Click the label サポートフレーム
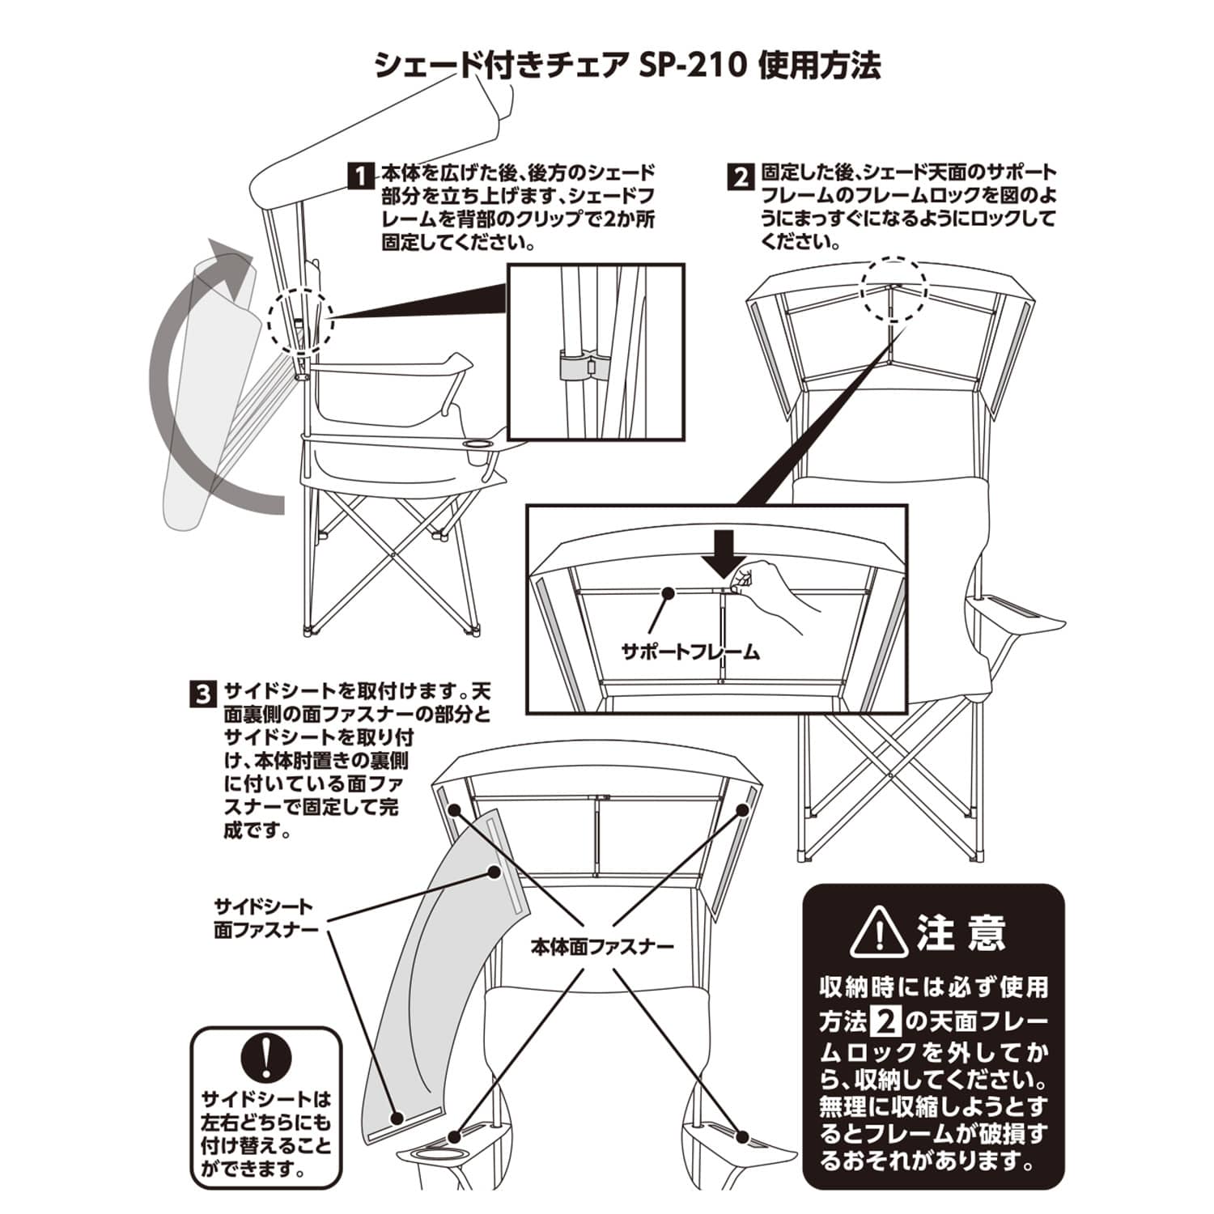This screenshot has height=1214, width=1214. coord(690,652)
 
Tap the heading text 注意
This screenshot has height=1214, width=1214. coord(961,933)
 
